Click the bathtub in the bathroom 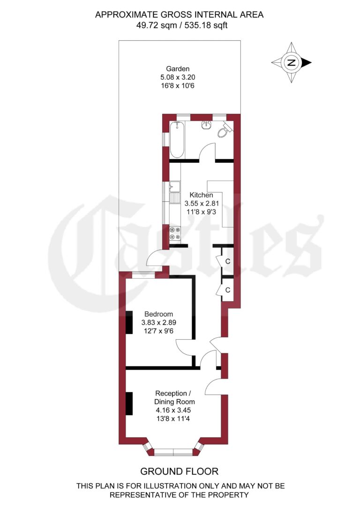coord(177,140)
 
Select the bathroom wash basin coord(206,125)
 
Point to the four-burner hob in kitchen coord(175,234)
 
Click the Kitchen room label coord(201,195)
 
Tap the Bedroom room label coord(158,314)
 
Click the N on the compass coord(292,62)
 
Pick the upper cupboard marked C coord(227,261)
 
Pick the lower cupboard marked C coord(227,290)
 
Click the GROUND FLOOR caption coord(180,471)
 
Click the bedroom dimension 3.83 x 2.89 coord(158,323)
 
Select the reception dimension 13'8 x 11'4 coord(174,419)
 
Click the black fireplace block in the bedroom coord(129,322)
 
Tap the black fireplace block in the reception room coord(129,403)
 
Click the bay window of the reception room coord(173,452)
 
